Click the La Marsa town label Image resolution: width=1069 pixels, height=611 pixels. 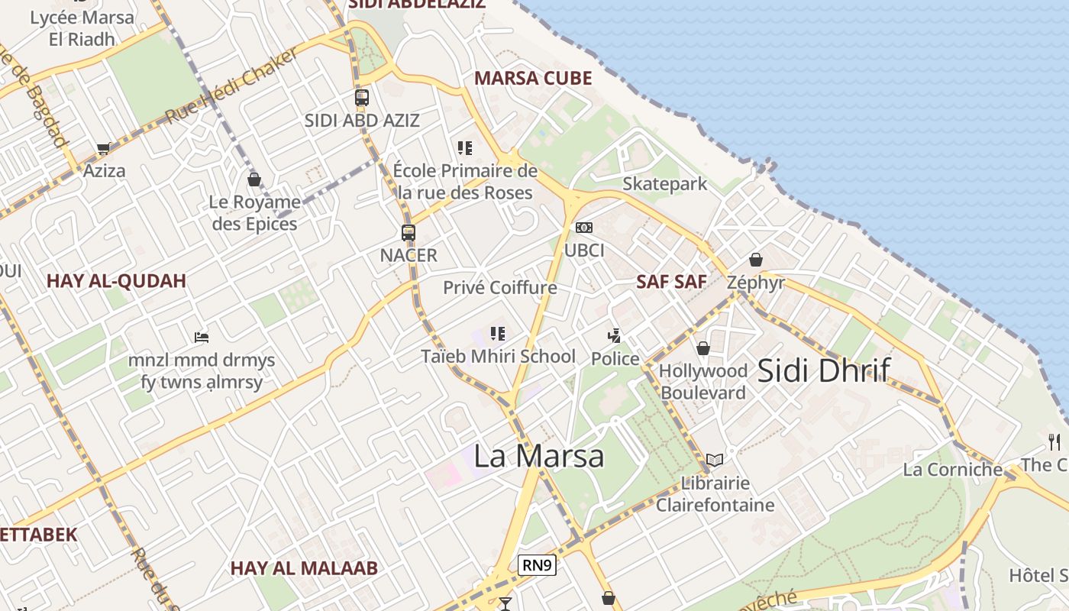pos(539,456)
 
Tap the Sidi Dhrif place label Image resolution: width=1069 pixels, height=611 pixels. pos(823,370)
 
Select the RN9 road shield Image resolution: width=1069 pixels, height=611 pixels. pos(537,565)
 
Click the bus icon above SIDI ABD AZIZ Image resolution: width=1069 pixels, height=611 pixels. pos(362,98)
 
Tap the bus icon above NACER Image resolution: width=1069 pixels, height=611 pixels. pos(409,233)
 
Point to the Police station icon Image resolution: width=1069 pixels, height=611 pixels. pos(614,335)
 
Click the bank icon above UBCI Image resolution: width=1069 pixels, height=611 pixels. pos(584,228)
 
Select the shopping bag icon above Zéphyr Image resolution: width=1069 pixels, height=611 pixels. pos(756,260)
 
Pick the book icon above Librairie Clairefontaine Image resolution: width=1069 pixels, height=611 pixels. pos(715,460)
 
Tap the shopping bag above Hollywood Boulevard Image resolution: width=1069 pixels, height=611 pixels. pos(703,348)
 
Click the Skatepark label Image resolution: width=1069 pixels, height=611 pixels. pos(664,184)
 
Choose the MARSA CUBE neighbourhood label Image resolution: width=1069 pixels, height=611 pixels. pos(533,78)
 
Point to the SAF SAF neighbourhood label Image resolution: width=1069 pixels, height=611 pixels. pos(672,281)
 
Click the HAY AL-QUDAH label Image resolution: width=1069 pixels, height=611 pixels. pos(116,280)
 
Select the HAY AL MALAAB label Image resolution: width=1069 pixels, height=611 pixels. pos(304,568)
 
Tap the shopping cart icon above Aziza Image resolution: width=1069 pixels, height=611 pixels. pos(103,148)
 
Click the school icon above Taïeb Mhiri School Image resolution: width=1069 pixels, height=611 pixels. pos(498,333)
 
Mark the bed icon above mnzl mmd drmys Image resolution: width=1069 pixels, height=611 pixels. pos(202,337)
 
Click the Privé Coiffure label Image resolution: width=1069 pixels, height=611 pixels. pos(500,288)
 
